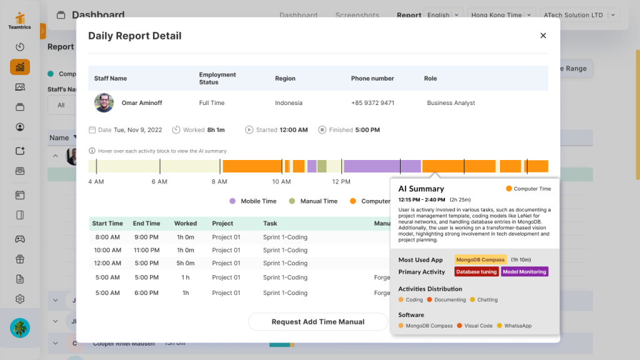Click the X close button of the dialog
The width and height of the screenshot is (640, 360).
click(x=543, y=36)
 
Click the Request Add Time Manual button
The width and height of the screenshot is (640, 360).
click(x=317, y=322)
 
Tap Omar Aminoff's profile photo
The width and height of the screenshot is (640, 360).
click(x=104, y=103)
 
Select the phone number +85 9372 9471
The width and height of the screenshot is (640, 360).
click(x=372, y=103)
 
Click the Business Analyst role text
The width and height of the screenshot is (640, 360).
click(x=451, y=103)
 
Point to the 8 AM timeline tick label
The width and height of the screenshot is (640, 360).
click(x=219, y=182)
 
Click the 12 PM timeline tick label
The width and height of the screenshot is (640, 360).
click(x=341, y=182)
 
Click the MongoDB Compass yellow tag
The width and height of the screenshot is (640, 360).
click(x=481, y=259)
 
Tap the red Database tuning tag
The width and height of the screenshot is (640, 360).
click(x=476, y=272)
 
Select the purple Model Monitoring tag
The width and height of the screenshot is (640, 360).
click(x=524, y=272)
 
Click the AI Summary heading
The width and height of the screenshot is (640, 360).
click(x=421, y=189)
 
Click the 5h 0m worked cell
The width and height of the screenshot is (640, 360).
click(x=186, y=263)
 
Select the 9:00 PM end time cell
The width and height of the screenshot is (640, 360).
click(x=146, y=237)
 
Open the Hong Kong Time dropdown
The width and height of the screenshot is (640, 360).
click(x=502, y=15)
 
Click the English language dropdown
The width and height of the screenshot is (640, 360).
click(x=444, y=15)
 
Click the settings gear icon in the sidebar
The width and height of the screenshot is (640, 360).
click(x=20, y=299)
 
